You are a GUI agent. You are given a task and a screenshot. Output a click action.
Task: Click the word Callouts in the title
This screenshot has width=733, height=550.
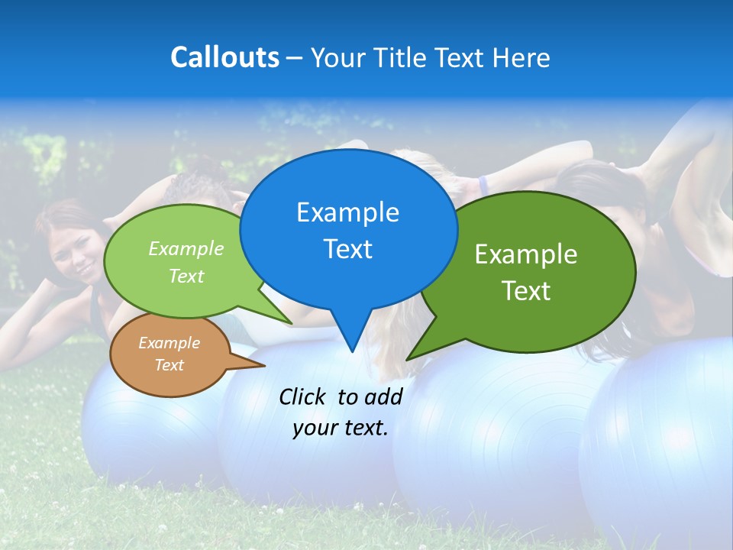tap(224, 57)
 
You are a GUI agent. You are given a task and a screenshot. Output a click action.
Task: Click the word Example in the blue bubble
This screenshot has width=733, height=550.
tap(347, 212)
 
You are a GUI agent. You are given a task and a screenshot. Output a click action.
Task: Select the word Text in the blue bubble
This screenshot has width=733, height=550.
tap(347, 249)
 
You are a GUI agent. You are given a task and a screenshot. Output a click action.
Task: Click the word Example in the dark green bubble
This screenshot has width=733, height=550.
tap(526, 254)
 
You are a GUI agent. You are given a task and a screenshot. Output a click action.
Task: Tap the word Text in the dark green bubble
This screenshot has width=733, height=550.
tap(526, 291)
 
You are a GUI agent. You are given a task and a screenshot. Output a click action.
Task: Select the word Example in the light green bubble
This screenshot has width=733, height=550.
tap(186, 248)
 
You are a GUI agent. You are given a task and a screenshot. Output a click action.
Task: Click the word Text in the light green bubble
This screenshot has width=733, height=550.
tap(186, 276)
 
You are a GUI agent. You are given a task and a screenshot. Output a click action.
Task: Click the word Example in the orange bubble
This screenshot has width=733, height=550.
tap(169, 343)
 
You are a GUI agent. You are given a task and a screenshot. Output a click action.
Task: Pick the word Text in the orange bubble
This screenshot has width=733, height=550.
tap(169, 365)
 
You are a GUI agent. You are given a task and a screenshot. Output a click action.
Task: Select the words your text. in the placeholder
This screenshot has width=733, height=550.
tap(341, 429)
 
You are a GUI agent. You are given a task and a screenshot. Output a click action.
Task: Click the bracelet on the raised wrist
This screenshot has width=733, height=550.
tap(483, 185)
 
